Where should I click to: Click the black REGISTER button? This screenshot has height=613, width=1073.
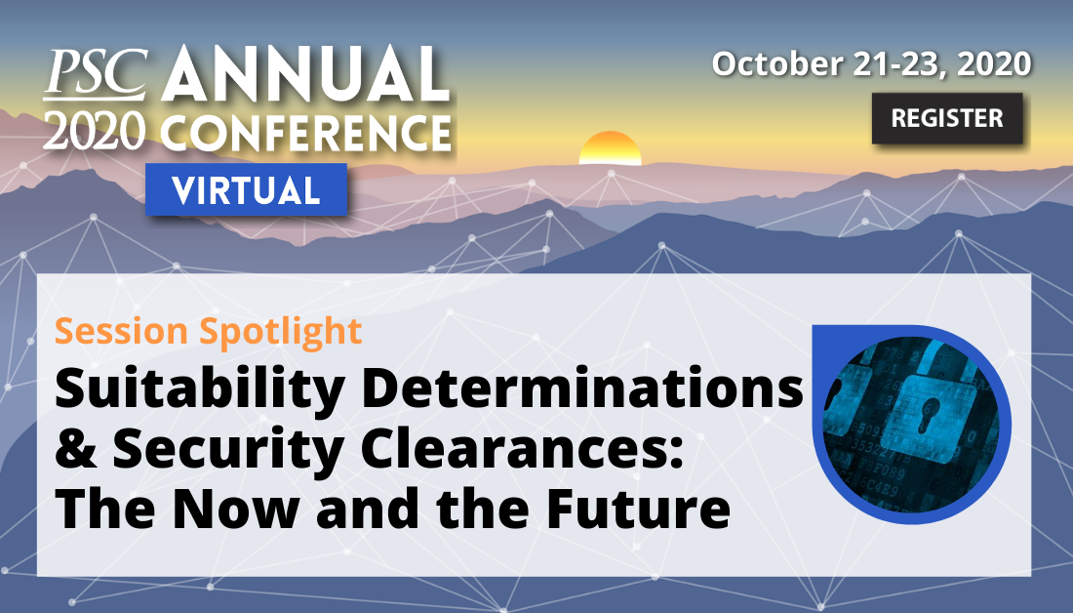(x=947, y=118)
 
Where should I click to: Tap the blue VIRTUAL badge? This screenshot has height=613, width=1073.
(x=246, y=189)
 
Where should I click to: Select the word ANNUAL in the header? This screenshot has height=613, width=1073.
(x=306, y=73)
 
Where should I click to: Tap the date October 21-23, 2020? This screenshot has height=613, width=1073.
(x=871, y=63)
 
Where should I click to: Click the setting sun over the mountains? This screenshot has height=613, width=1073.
(x=610, y=148)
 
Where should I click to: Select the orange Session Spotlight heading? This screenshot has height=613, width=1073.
(x=208, y=332)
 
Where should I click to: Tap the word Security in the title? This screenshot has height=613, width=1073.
(x=228, y=451)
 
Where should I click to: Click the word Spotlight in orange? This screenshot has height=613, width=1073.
(x=281, y=332)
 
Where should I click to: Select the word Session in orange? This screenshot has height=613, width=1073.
(x=121, y=332)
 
